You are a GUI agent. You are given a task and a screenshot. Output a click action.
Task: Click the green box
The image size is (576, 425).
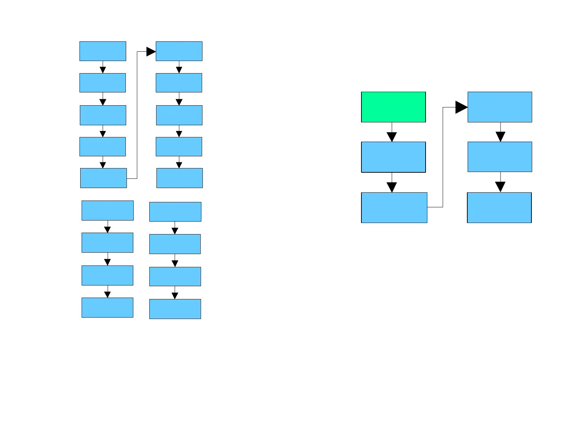point(393,107)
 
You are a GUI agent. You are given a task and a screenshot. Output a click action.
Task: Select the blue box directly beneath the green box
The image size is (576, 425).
point(393,157)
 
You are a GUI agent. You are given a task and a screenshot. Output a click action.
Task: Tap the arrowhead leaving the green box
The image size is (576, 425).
point(392,137)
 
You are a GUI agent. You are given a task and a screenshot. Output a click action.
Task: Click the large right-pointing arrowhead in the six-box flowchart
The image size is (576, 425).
point(461,107)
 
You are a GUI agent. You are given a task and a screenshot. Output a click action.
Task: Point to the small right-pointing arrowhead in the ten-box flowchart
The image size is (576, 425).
point(151,52)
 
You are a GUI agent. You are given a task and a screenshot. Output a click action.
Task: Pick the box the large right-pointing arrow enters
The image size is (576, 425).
point(500,107)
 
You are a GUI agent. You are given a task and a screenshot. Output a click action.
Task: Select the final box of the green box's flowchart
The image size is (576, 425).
point(499,208)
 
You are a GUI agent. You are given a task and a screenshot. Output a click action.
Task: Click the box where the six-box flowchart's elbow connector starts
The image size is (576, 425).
point(394,208)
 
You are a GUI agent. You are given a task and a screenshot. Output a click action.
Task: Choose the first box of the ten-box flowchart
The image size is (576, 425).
point(103,51)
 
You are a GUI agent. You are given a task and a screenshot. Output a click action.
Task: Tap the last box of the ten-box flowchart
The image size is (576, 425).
point(180,178)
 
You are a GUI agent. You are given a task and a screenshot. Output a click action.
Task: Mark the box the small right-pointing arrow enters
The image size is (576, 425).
point(179,51)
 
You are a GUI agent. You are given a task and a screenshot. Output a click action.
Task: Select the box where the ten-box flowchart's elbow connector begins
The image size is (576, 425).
point(103,178)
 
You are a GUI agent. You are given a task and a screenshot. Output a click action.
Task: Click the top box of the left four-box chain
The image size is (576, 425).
point(107,211)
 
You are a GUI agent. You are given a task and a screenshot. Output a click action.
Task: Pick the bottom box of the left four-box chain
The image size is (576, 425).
point(107,308)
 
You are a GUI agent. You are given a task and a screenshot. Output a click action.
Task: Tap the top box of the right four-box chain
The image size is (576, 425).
point(175,212)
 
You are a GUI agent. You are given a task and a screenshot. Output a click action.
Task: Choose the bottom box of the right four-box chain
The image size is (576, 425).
point(175,309)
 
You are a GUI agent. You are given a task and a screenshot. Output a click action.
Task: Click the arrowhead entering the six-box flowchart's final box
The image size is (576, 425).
point(500,187)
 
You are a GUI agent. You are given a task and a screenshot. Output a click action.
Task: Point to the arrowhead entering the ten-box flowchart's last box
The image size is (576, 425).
point(179,165)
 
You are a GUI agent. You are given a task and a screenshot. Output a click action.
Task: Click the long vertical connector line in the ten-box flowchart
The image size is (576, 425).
point(137,114)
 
